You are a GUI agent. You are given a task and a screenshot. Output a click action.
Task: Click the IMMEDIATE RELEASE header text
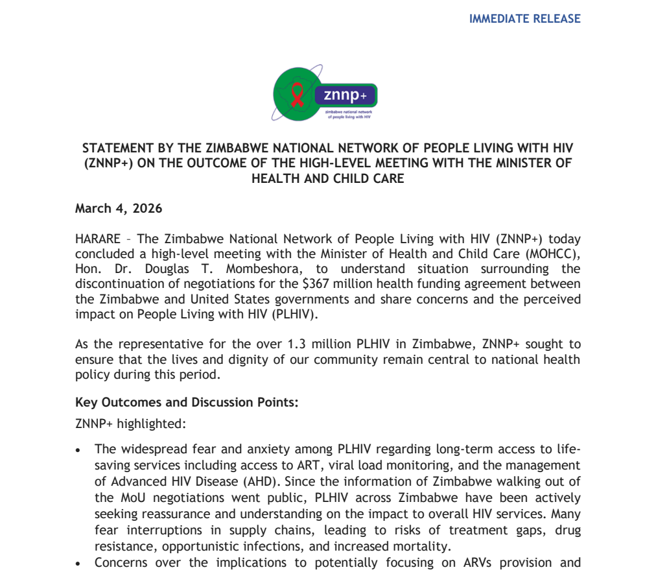point(524,19)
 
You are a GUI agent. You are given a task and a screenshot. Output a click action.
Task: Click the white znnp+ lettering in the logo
point(344,96)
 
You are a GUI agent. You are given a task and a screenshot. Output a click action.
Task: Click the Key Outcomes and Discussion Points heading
point(187,402)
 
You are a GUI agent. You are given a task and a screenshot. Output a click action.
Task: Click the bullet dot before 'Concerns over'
point(78,563)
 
